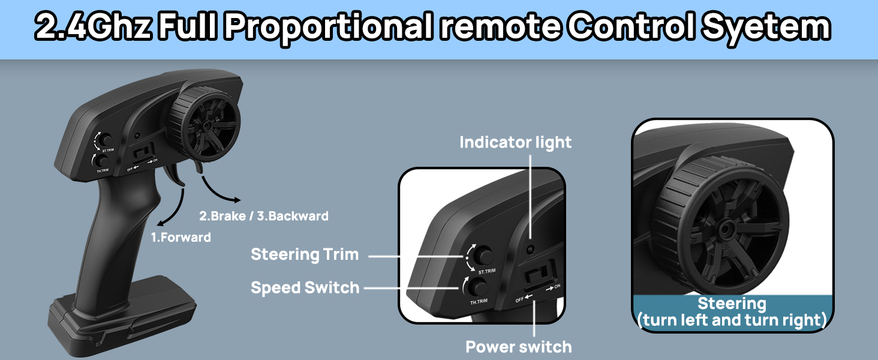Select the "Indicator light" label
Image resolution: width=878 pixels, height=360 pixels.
tap(515, 142)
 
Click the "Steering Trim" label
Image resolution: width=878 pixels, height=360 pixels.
tap(305, 254)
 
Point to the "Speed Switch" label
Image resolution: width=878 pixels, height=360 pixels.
tap(305, 288)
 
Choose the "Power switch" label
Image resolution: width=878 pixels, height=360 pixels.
tap(519, 346)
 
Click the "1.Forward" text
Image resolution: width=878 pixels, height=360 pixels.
tap(181, 238)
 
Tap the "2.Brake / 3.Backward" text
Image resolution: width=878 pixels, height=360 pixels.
tap(264, 215)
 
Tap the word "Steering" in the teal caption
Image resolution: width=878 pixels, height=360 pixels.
tap(732, 304)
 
